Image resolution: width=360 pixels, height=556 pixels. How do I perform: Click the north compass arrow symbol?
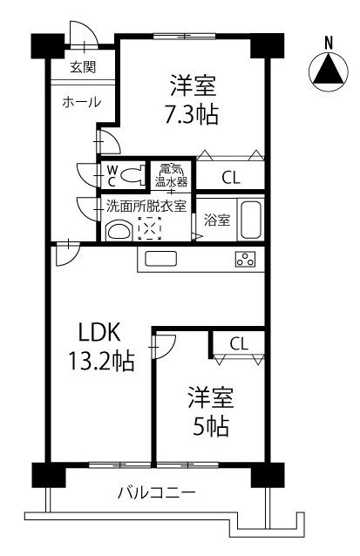pos(328,72)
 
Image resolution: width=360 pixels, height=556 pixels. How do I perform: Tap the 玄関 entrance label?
pos(83,66)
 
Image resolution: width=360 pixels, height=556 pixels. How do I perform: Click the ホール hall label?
pos(82,102)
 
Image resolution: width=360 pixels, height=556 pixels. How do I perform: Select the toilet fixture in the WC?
pos(133,175)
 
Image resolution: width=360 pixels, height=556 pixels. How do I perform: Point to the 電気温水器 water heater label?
pos(171,175)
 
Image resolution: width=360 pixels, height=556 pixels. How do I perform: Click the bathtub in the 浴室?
pos(251,220)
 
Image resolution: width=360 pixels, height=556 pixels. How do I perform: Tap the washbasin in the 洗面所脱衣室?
pos(119,231)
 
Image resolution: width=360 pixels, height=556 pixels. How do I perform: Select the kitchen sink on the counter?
pos(161,258)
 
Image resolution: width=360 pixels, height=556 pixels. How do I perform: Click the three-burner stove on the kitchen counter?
pos(245,259)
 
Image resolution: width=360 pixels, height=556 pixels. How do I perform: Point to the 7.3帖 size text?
pos(191,114)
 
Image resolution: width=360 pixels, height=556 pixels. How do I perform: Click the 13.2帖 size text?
pos(101,361)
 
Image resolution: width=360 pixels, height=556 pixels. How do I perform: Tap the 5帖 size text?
pos(211,425)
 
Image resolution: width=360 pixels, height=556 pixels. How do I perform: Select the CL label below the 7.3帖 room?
pos(231,178)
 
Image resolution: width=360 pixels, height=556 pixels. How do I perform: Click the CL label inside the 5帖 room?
pos(239,343)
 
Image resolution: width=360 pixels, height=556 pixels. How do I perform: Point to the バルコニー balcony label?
pos(156,493)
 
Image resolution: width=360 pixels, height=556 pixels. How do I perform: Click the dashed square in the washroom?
pos(149,228)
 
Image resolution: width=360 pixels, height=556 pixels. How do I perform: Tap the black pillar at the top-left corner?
pos(48,45)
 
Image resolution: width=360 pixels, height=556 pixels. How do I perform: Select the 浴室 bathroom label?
pos(217,220)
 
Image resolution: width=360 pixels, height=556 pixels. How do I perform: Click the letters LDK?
pos(99,332)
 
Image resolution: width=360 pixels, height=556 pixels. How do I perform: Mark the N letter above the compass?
pos(329,44)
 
